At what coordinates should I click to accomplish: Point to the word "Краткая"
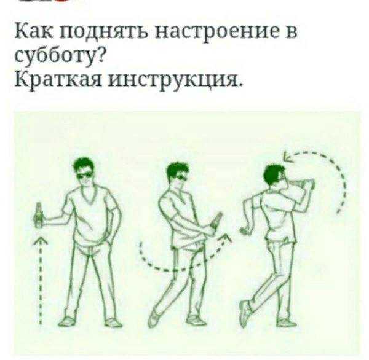58,79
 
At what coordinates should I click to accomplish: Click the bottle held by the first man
39,215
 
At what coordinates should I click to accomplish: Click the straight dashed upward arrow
41,280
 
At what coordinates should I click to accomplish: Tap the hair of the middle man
178,170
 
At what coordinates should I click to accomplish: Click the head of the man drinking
276,176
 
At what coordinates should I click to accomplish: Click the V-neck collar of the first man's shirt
89,197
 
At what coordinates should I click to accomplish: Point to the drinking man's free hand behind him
245,230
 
